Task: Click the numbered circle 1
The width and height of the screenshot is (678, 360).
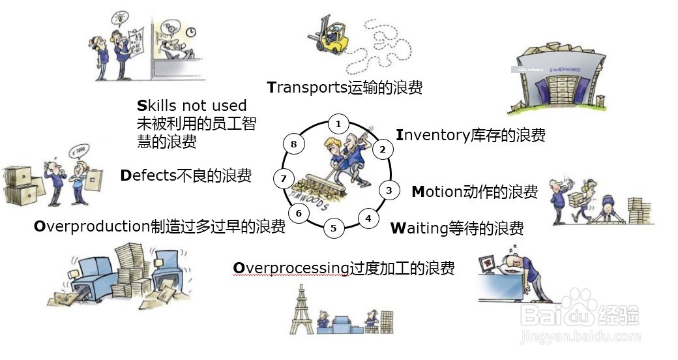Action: [x=338, y=123]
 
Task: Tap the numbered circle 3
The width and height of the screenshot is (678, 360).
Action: [x=389, y=190]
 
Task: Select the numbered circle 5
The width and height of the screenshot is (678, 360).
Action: [x=333, y=228]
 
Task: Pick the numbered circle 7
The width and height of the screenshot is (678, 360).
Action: [x=283, y=178]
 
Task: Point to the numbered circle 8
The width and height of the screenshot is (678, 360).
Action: [x=294, y=144]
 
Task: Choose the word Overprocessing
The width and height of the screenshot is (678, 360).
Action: [x=291, y=268]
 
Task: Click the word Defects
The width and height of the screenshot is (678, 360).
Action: [x=149, y=175]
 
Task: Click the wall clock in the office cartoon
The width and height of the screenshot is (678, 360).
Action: [x=191, y=31]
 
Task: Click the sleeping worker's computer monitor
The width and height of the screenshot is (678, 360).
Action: [x=487, y=264]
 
